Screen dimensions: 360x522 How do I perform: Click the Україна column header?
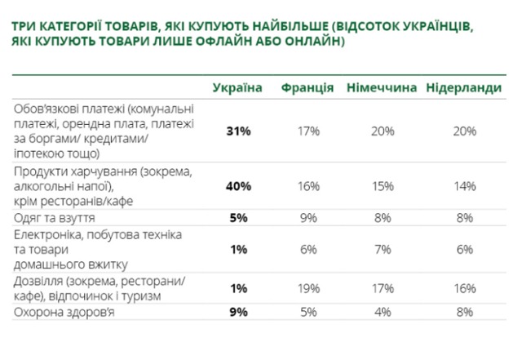tap(237, 87)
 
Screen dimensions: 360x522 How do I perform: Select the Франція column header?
tap(307, 87)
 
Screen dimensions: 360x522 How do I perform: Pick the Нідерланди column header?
tap(464, 87)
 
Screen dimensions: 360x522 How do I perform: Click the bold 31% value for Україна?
tap(237, 131)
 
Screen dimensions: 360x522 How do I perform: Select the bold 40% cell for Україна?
tap(237, 185)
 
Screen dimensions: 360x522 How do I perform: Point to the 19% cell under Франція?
tap(307, 288)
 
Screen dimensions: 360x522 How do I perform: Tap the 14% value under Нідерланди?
tap(464, 185)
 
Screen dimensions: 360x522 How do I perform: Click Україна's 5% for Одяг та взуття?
tap(237, 218)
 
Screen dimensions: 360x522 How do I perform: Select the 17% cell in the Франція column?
tap(307, 131)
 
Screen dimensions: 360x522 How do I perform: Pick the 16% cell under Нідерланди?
tap(464, 288)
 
